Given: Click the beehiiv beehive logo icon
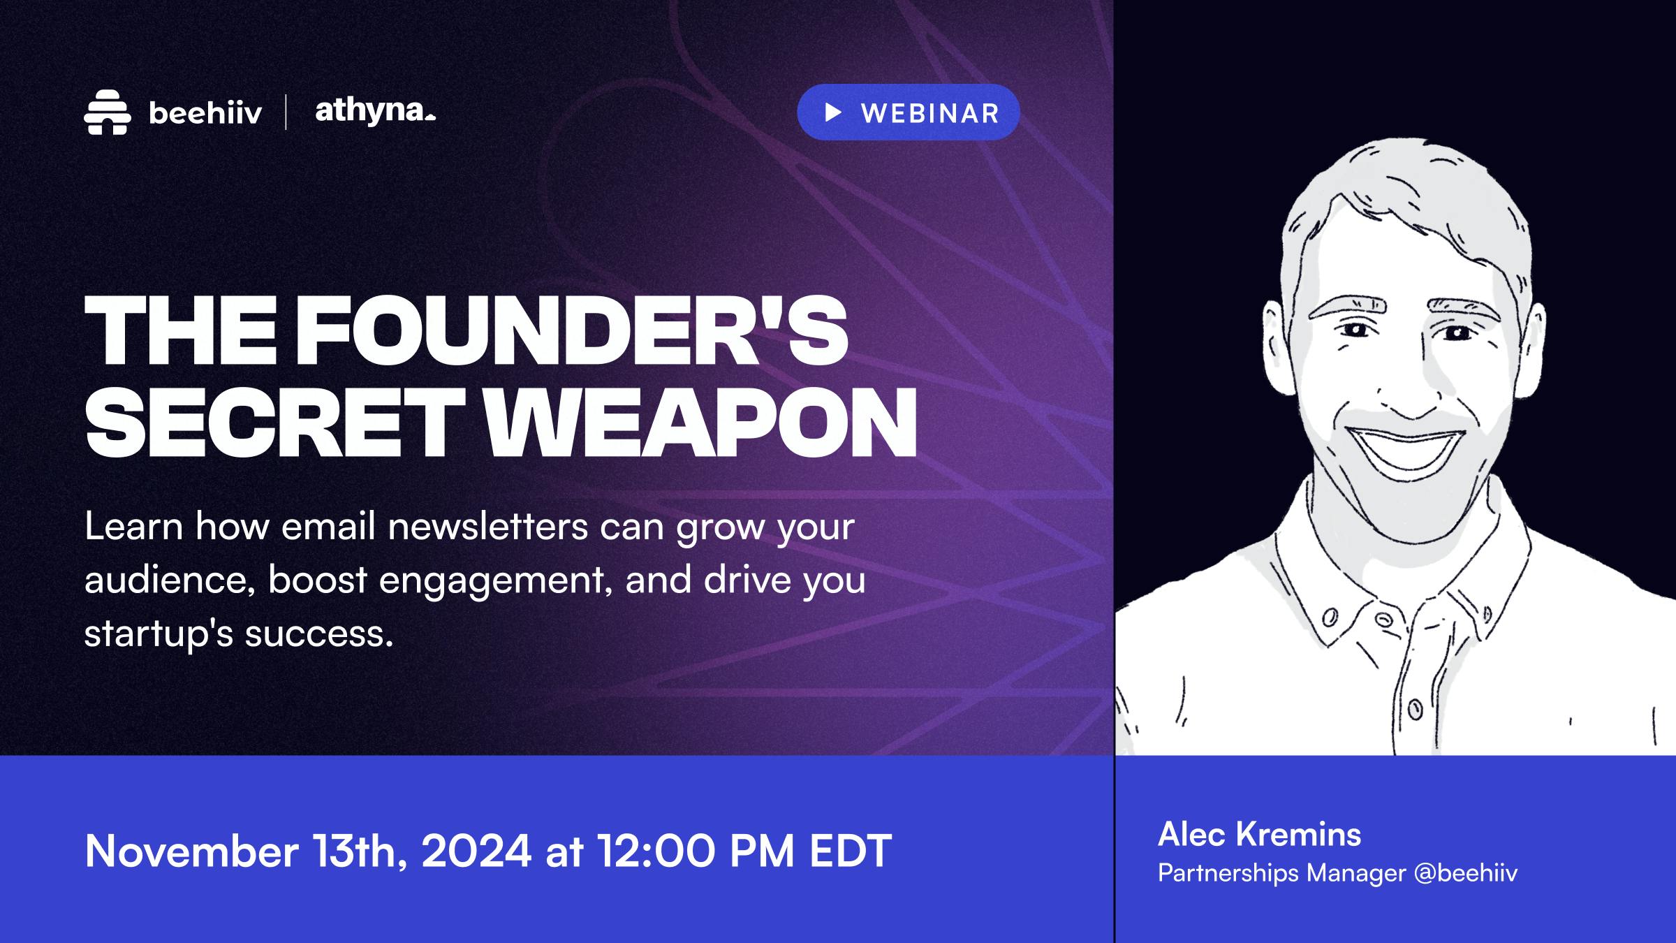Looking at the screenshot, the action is pyautogui.click(x=107, y=112).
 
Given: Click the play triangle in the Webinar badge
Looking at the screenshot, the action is pyautogui.click(x=832, y=112).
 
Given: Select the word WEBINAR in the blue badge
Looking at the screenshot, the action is pyautogui.click(x=930, y=113).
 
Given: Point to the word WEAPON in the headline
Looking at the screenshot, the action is pyautogui.click(x=701, y=421).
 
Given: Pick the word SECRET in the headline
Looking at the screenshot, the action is pyautogui.click(x=274, y=421).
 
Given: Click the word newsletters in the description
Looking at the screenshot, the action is pyautogui.click(x=488, y=527).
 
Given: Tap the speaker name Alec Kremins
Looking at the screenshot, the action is pyautogui.click(x=1260, y=834).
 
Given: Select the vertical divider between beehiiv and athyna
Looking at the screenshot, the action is pyautogui.click(x=286, y=112).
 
